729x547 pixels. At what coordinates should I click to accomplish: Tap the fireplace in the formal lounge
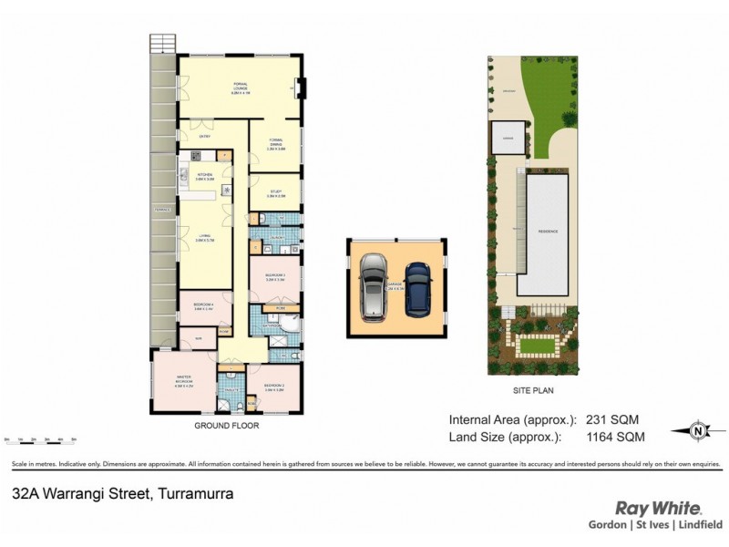304,88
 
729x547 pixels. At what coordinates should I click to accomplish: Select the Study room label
276,192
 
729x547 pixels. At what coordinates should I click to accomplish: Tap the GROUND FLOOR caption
228,426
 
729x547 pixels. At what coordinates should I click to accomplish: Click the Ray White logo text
658,508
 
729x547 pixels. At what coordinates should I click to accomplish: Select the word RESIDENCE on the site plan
547,232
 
